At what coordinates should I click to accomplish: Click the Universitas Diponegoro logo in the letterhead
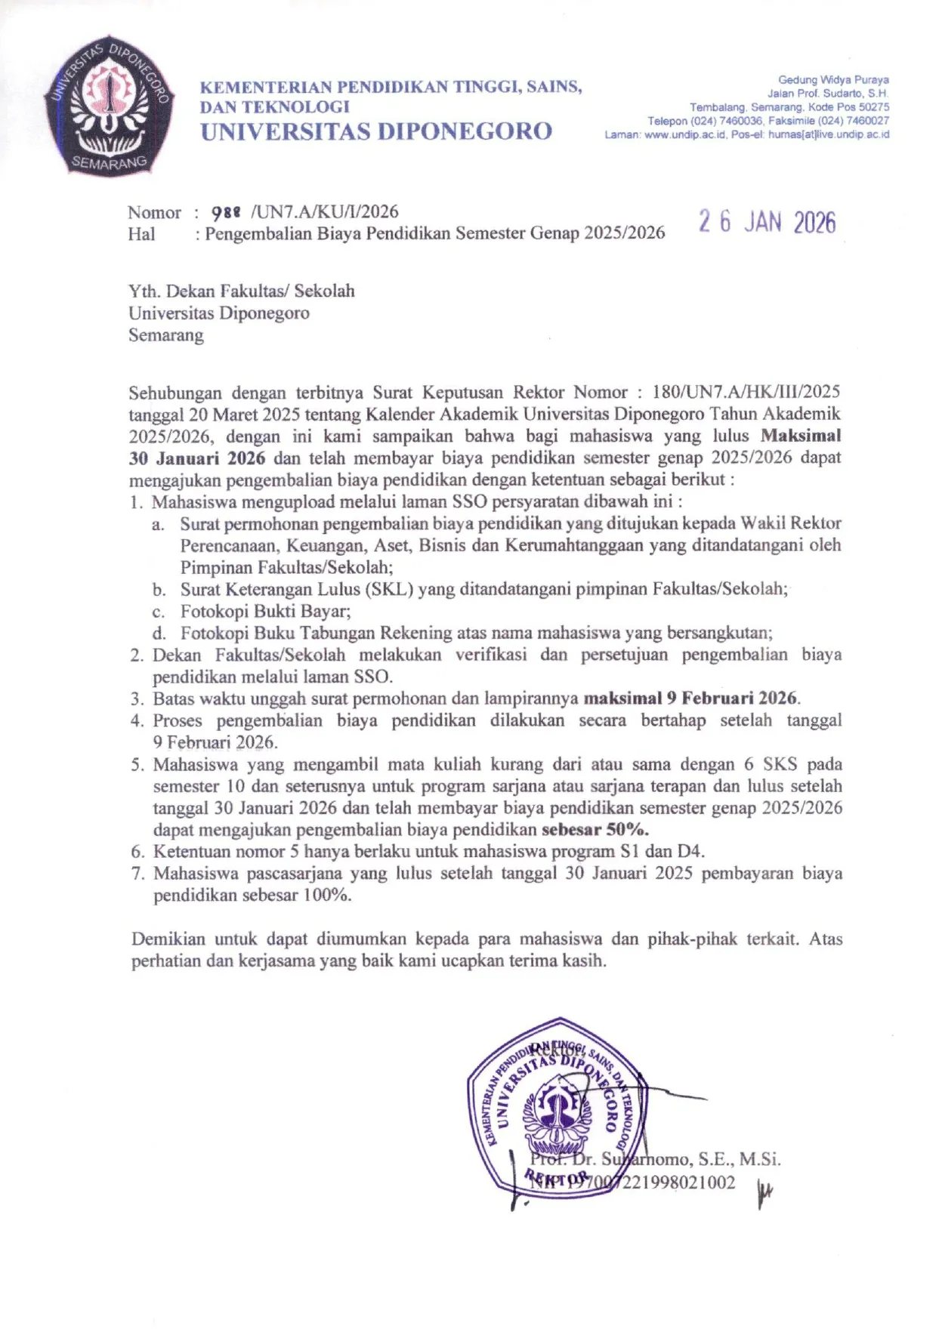[x=109, y=105]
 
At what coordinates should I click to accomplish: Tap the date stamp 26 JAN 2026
[x=767, y=222]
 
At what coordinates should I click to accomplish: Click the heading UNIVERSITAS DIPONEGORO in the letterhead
[x=376, y=131]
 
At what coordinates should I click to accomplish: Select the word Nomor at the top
[x=154, y=212]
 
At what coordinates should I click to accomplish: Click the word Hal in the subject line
[x=141, y=234]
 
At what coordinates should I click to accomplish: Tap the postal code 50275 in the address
[x=874, y=107]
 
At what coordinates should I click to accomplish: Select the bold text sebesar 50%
[x=595, y=830]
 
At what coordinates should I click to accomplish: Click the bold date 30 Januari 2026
[x=197, y=458]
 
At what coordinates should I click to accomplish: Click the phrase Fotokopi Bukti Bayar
[x=265, y=611]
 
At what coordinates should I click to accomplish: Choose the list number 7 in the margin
[x=137, y=874]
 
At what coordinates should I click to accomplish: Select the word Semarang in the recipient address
[x=166, y=335]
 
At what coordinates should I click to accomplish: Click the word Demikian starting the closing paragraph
[x=168, y=939]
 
